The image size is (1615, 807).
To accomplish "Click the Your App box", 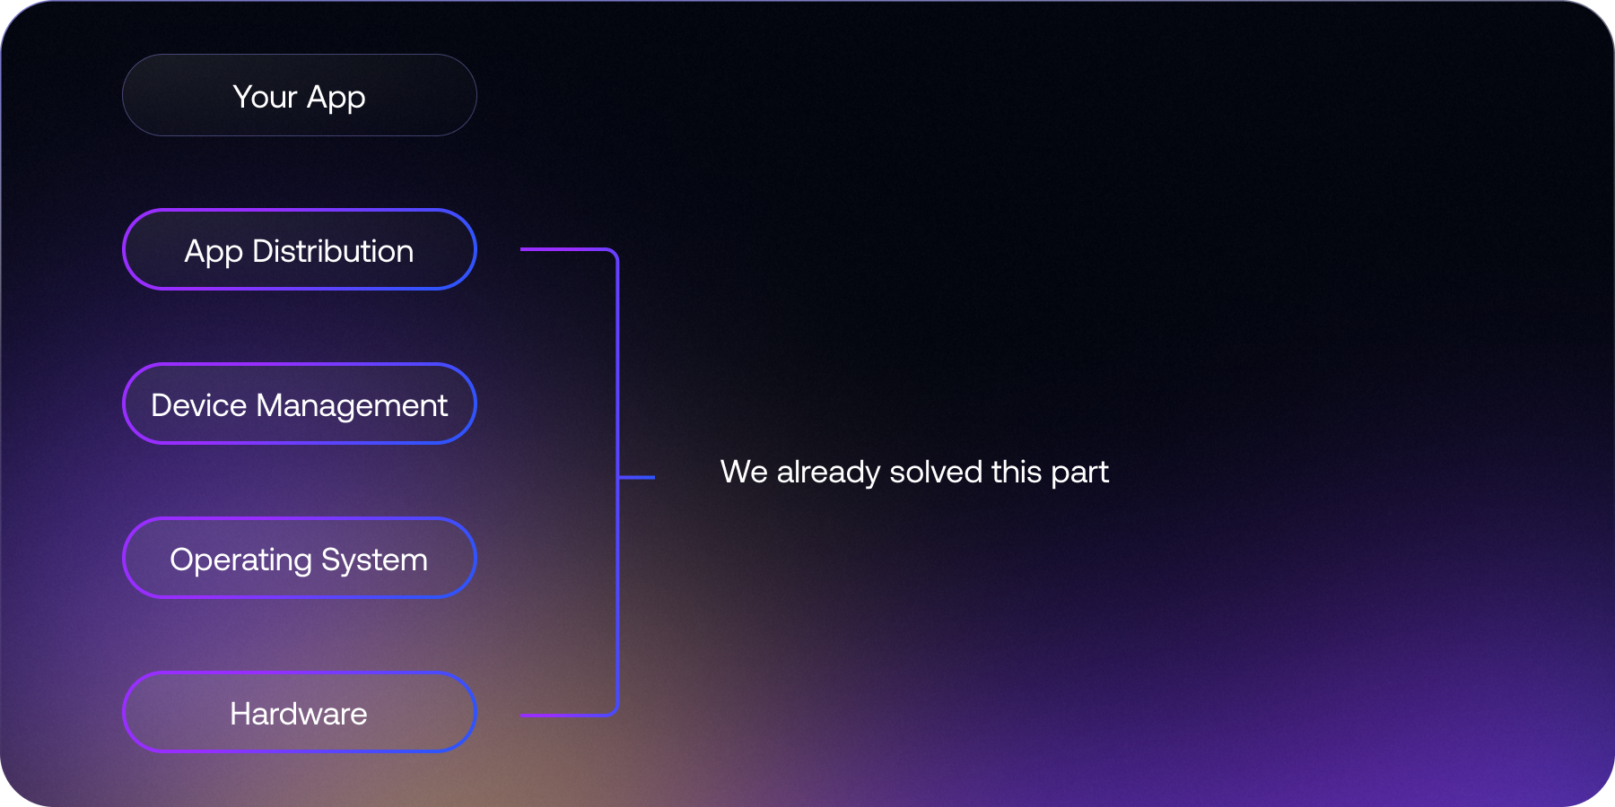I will click(299, 95).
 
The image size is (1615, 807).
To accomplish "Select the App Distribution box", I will click(299, 249).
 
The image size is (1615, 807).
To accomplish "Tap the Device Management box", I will click(299, 403).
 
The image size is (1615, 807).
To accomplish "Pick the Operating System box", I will click(299, 558).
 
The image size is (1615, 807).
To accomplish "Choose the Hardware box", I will click(299, 712).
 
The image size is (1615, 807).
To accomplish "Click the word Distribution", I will click(333, 251).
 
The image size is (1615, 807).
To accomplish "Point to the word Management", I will click(352, 405).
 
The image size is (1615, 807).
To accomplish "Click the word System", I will click(374, 560).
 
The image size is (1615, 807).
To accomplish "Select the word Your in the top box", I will click(265, 97).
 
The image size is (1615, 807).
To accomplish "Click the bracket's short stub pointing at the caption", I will click(637, 477).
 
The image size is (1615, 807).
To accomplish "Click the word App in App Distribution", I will click(214, 252).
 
